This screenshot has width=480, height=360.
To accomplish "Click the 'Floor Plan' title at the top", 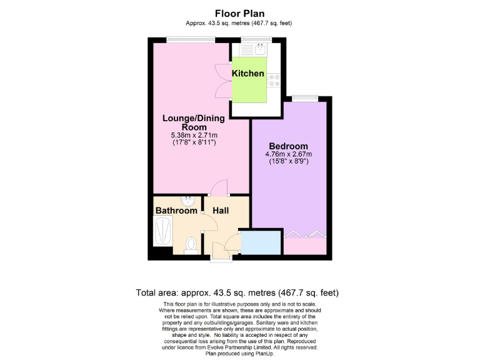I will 239,13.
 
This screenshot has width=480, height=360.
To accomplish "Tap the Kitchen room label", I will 248,74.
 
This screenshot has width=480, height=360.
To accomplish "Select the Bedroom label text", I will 289,146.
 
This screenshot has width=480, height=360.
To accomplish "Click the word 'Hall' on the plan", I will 221,211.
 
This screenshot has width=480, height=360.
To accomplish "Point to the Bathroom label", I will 176,211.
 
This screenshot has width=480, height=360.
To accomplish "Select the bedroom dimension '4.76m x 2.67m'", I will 289,154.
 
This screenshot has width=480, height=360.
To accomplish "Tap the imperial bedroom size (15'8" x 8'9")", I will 289,162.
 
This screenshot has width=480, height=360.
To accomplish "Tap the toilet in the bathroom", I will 192,244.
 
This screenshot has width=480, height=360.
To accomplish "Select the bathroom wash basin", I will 189,201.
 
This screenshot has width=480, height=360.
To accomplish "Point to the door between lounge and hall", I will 218,188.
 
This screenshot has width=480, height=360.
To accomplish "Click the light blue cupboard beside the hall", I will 261,243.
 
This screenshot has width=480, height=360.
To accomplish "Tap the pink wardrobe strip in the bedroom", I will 306,246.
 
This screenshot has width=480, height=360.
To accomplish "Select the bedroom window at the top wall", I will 304,97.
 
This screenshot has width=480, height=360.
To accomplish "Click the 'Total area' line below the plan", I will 237,292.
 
